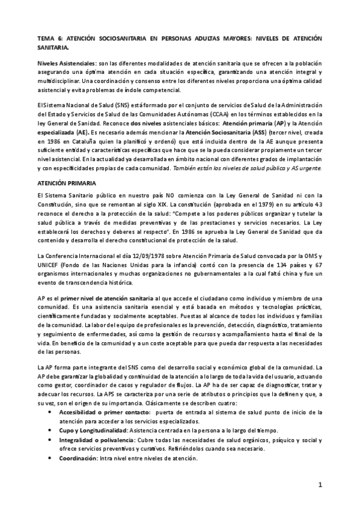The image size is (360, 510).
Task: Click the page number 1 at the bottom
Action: pyautogui.click(x=320, y=484)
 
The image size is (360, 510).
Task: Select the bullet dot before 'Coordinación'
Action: pyautogui.click(x=49, y=459)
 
